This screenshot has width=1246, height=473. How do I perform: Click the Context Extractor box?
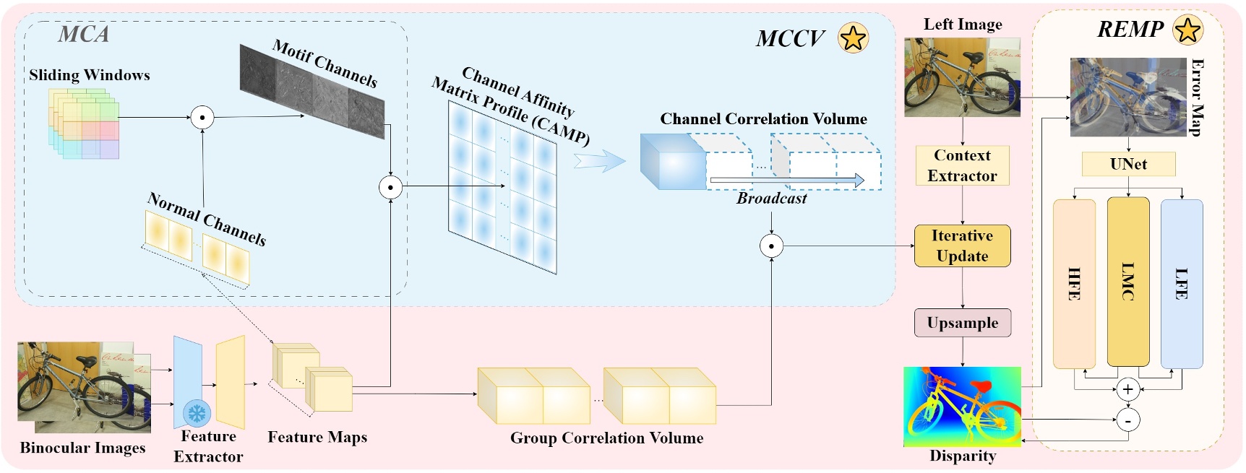tap(962, 165)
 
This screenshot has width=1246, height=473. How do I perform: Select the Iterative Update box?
tap(962, 246)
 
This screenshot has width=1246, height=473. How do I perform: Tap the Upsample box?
tap(962, 323)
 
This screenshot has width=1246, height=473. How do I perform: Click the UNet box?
tap(1128, 164)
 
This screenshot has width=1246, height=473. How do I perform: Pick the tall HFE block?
tap(1074, 284)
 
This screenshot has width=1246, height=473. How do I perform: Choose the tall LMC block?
tap(1127, 282)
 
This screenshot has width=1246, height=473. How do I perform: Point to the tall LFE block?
tap(1182, 284)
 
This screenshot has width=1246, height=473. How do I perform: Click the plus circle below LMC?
tap(1127, 390)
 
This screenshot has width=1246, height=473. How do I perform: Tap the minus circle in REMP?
tap(1127, 420)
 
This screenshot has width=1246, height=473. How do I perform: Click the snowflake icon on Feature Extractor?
tap(197, 414)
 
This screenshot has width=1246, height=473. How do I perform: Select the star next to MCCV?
tap(853, 38)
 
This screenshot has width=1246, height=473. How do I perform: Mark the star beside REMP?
tap(1188, 30)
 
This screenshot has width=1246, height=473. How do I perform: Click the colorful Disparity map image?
tap(962, 407)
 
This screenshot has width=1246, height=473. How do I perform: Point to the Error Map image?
tap(1127, 97)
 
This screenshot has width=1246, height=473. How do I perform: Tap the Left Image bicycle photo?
tap(962, 77)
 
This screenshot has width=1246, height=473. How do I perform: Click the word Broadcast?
tap(771, 199)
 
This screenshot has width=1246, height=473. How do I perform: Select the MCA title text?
tap(84, 34)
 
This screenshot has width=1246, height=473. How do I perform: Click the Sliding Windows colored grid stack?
tap(83, 123)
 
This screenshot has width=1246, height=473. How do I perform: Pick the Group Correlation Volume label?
tap(606, 438)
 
